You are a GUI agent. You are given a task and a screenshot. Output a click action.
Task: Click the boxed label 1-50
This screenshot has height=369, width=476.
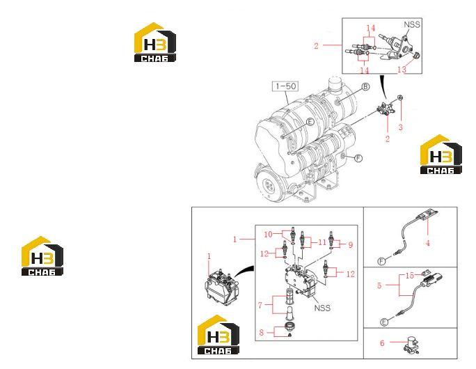(285, 86)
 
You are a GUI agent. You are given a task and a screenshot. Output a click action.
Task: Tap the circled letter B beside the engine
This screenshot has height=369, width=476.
(366, 87)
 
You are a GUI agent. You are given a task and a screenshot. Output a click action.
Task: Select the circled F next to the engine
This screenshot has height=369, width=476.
(359, 158)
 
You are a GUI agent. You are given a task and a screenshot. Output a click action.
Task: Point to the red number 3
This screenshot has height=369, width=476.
(400, 127)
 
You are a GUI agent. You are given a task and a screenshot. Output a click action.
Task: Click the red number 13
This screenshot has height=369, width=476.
(402, 70)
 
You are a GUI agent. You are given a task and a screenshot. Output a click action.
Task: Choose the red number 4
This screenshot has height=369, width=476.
(428, 243)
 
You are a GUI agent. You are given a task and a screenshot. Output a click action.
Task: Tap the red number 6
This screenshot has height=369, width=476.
(260, 305)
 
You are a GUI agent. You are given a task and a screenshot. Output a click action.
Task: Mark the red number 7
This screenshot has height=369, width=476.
(262, 332)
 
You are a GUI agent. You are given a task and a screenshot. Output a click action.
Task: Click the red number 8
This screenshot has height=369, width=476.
(351, 245)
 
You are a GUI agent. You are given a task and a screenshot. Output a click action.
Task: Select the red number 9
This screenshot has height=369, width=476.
(268, 235)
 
